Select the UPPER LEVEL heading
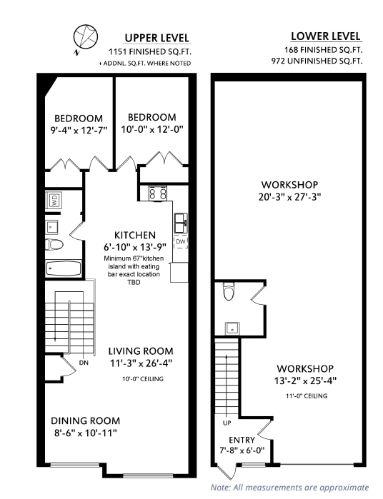tap(157, 38)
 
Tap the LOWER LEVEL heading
tap(326, 36)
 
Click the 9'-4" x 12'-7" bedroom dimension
tap(79, 131)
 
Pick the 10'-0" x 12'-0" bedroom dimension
tap(151, 130)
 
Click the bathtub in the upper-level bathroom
tap(63, 269)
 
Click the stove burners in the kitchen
tap(157, 193)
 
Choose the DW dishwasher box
tap(180, 241)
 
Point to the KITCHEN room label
tap(135, 235)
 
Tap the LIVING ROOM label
tap(141, 351)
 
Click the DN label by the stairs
tap(84, 363)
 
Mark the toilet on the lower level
tap(229, 291)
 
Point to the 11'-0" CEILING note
tap(307, 395)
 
